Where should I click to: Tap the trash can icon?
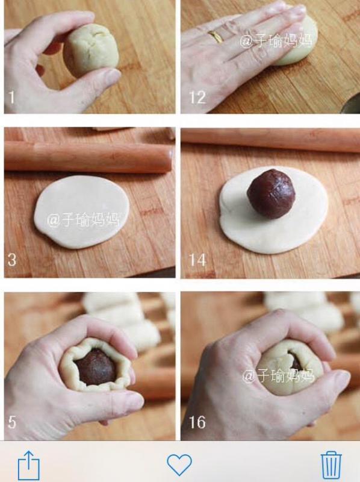(331, 465)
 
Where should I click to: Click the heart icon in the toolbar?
(179, 465)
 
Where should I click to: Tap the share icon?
(28, 465)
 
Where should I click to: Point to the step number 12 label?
(197, 98)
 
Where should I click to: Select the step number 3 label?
(11, 261)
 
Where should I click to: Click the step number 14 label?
(197, 260)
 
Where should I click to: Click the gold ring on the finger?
(215, 37)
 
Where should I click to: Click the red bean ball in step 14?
(272, 193)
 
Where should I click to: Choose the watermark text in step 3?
(84, 220)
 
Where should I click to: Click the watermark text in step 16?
(278, 377)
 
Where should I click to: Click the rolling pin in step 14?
(271, 140)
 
